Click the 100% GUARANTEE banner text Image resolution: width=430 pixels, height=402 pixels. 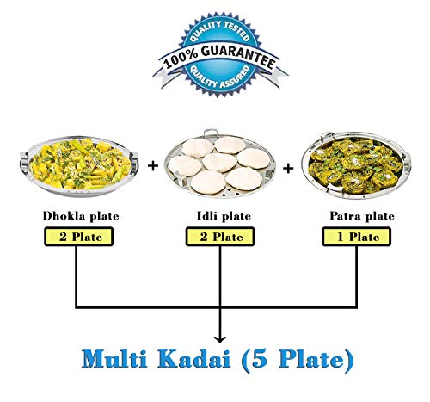pyautogui.click(x=220, y=59)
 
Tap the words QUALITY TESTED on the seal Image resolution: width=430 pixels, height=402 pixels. pyautogui.click(x=220, y=31)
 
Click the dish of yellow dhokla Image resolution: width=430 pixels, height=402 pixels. pyautogui.click(x=79, y=166)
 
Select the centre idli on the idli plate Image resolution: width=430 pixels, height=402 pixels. pyautogui.click(x=219, y=163)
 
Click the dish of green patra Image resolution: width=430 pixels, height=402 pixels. pyautogui.click(x=356, y=166)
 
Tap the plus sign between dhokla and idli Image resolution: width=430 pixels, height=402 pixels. pyautogui.click(x=153, y=165)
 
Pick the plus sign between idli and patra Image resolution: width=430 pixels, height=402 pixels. pyautogui.click(x=288, y=169)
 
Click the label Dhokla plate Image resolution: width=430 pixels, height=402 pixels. pyautogui.click(x=81, y=216)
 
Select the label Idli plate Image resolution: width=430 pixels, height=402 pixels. pyautogui.click(x=224, y=216)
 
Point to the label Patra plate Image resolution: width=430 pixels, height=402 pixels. pyautogui.click(x=362, y=216)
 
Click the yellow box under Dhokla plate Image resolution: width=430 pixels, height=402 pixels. pyautogui.click(x=79, y=237)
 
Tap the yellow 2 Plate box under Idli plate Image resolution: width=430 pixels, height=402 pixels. pyautogui.click(x=220, y=237)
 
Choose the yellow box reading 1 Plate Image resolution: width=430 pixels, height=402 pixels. pyautogui.click(x=357, y=237)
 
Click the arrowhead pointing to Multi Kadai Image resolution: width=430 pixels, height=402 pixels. pyautogui.click(x=220, y=340)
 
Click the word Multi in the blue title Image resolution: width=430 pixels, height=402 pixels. pyautogui.click(x=114, y=359)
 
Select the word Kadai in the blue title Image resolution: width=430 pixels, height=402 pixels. pyautogui.click(x=193, y=359)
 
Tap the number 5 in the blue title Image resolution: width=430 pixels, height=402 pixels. pyautogui.click(x=260, y=359)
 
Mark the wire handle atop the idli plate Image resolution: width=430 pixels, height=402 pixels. pyautogui.click(x=211, y=133)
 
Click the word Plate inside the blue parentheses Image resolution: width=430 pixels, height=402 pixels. pyautogui.click(x=310, y=359)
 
